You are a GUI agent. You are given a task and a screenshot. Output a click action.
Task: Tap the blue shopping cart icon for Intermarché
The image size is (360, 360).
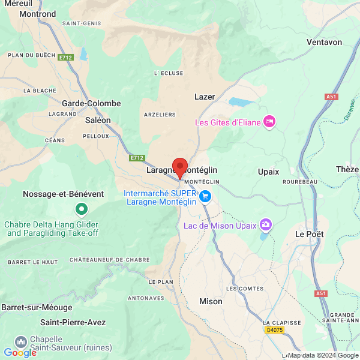tap(206, 196)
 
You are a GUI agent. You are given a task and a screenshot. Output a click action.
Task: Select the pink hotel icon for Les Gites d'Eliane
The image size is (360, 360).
tap(269, 122)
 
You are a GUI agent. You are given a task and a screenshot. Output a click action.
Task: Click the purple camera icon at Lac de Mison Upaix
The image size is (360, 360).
tap(265, 226)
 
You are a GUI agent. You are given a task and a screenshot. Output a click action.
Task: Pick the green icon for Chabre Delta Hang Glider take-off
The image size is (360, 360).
tap(82, 209)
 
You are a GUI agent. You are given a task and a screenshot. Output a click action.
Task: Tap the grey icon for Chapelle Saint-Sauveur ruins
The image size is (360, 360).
tap(21, 341)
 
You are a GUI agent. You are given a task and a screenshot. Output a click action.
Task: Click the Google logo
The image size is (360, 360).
tap(20, 353)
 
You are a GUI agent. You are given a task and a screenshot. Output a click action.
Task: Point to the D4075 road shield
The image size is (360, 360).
tap(274, 330)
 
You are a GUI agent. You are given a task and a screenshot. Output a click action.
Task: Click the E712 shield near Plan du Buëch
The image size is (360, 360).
tap(65, 58)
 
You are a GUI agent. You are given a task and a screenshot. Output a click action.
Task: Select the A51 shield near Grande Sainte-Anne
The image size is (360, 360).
tap(321, 293)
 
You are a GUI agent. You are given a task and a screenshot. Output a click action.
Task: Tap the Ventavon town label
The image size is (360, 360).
tap(324, 42)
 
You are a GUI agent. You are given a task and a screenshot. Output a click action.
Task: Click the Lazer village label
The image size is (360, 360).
tap(205, 96)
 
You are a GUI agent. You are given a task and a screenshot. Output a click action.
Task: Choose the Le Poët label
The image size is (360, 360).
tap(310, 233)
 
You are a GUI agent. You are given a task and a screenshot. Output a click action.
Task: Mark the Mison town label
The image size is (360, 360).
tap(211, 301)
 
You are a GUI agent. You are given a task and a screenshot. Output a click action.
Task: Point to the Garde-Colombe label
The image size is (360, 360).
tap(91, 103)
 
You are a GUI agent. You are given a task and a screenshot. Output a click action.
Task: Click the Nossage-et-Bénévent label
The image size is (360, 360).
tap(63, 194)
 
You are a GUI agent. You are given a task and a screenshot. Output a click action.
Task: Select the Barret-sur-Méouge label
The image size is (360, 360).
tap(37, 307)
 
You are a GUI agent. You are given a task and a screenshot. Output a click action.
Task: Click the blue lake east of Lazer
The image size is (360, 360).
tap(242, 102)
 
